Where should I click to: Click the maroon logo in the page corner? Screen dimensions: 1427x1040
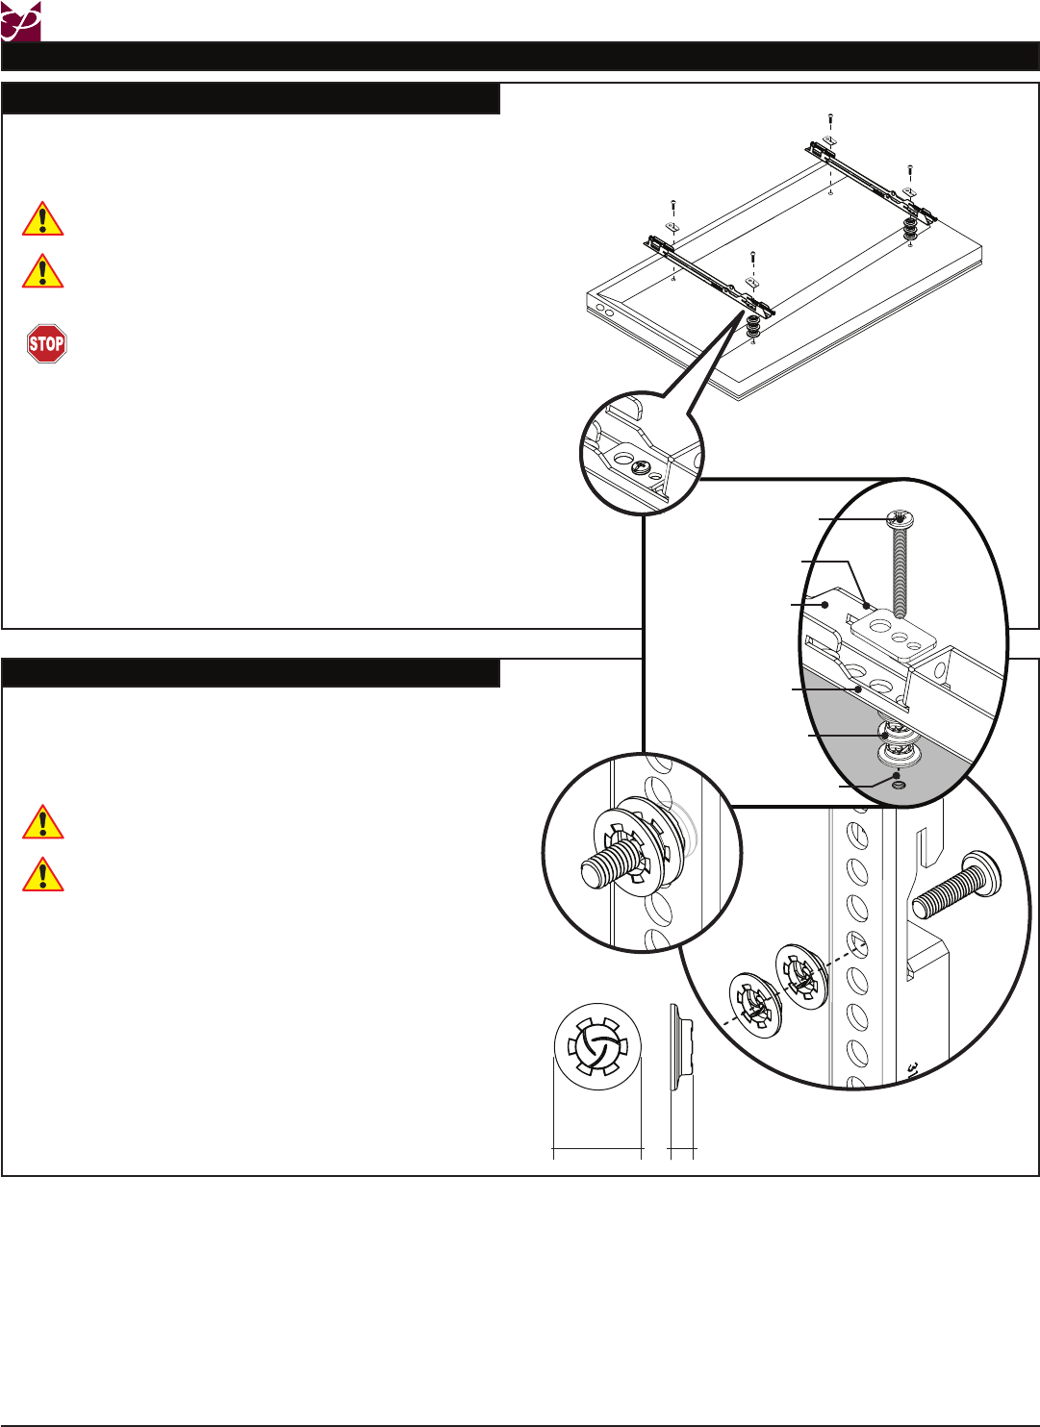[20, 20]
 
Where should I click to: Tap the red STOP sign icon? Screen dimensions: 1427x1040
[46, 343]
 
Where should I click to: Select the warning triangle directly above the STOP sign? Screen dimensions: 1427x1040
[43, 271]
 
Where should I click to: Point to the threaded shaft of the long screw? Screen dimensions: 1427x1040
[900, 572]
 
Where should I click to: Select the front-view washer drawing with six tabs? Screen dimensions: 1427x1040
[597, 1047]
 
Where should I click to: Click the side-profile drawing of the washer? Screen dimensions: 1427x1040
[679, 1048]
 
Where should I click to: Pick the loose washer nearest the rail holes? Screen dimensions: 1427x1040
[801, 977]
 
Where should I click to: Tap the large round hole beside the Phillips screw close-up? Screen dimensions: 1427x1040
[621, 460]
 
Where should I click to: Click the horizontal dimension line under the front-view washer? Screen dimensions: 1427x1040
[597, 1148]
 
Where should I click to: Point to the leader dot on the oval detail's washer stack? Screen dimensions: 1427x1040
[884, 736]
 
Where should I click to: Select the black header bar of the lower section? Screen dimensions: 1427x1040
[251, 673]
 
